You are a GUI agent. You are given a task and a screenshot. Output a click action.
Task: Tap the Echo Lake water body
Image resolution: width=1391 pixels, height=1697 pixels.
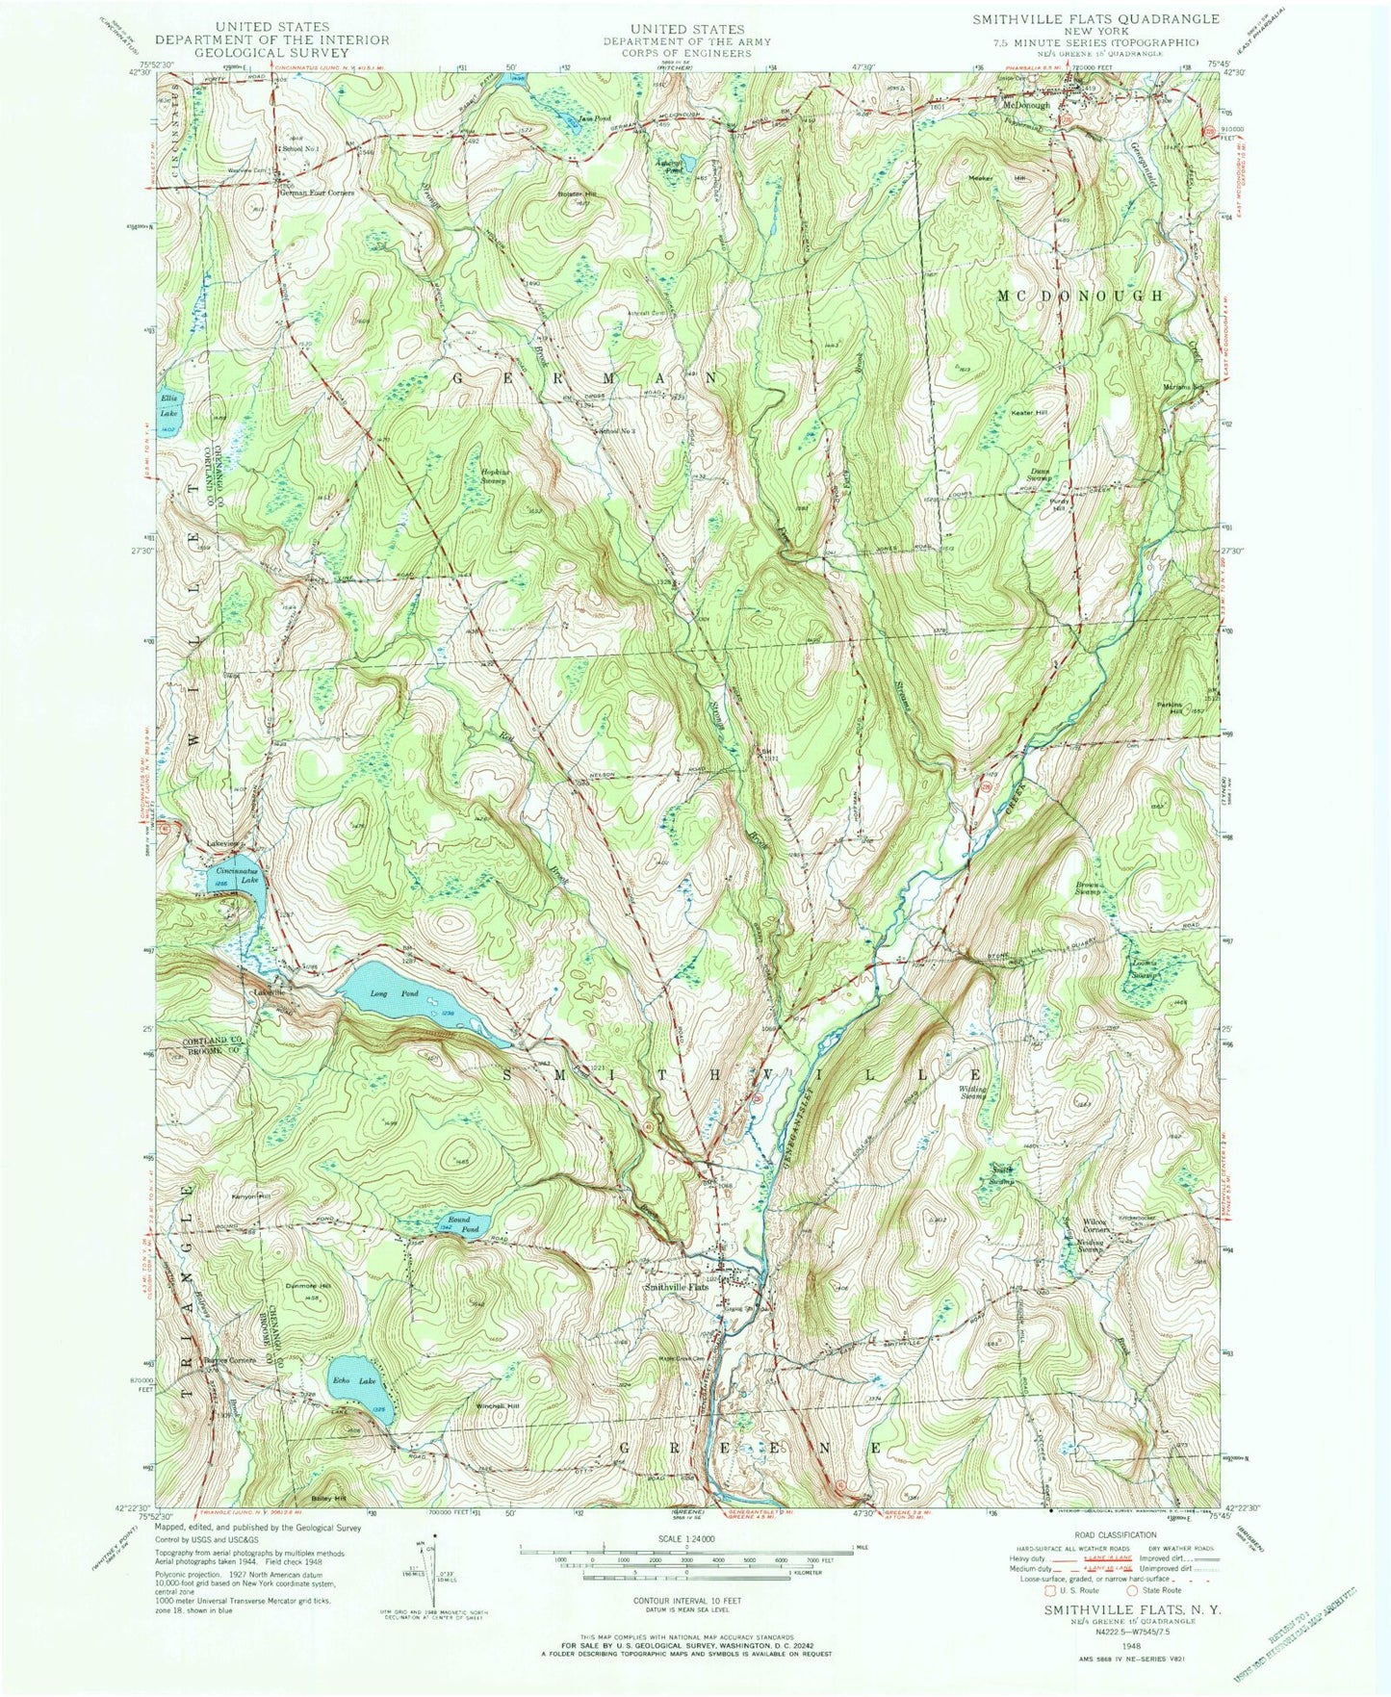coord(358,1383)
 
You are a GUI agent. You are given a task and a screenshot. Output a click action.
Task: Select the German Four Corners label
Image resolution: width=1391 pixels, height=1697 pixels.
coord(317,193)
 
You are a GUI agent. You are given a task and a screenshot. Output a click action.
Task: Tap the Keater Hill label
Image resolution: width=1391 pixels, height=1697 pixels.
coord(1027,413)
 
